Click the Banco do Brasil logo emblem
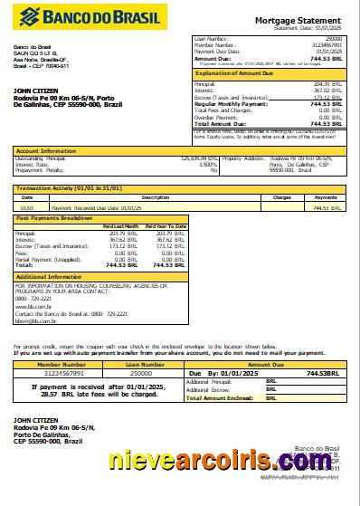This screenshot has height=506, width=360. [28, 16]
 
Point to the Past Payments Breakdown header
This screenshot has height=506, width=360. [53, 218]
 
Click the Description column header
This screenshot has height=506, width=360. [129, 196]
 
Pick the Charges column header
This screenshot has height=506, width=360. [281, 196]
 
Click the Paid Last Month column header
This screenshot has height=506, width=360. [120, 225]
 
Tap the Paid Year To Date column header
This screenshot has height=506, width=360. [166, 225]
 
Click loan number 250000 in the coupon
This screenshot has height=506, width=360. [141, 373]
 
